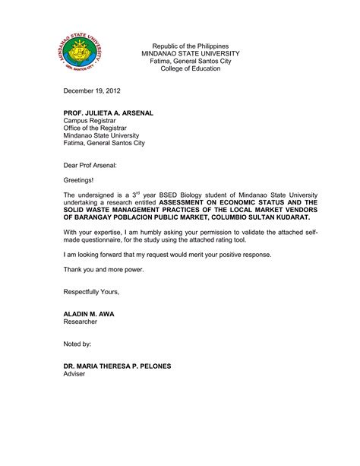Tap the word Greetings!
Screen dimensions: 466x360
81,180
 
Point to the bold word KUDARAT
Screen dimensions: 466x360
290,217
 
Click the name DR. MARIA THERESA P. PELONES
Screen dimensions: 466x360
117,366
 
